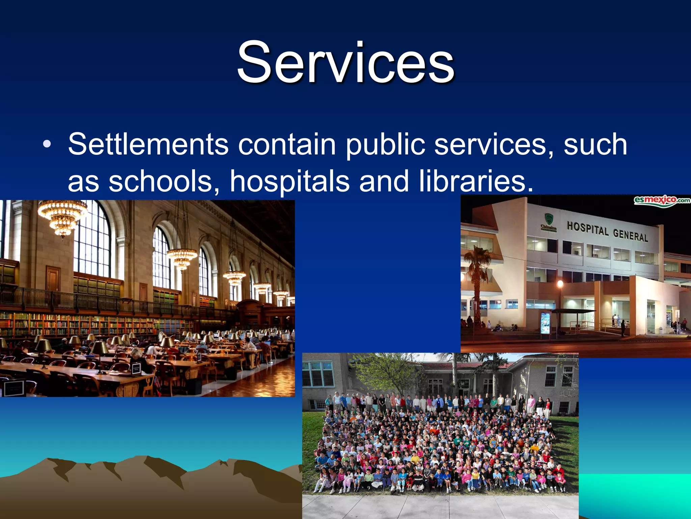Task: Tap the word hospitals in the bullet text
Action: click(289, 181)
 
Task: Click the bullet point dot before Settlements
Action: click(47, 145)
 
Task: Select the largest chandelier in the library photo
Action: click(62, 216)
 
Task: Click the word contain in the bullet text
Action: click(287, 145)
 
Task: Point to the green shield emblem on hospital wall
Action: click(549, 219)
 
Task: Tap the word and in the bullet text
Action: click(384, 181)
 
